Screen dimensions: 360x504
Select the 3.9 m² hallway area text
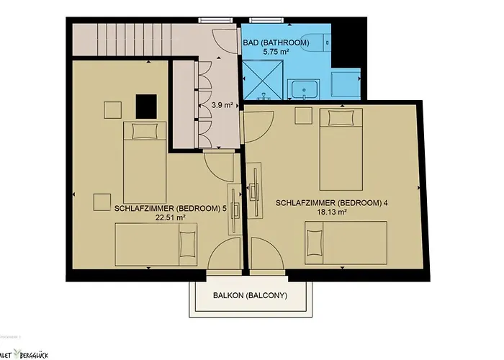(x=222, y=105)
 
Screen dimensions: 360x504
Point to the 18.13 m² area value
(x=332, y=212)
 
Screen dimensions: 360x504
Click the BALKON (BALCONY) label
(x=250, y=296)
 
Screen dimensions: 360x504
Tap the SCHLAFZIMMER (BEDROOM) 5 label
(x=170, y=207)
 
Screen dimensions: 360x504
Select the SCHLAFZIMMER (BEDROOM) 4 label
(x=332, y=203)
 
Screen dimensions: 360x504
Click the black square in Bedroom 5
(x=148, y=107)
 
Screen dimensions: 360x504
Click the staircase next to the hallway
(x=119, y=42)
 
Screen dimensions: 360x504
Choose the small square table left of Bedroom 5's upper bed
(x=112, y=110)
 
